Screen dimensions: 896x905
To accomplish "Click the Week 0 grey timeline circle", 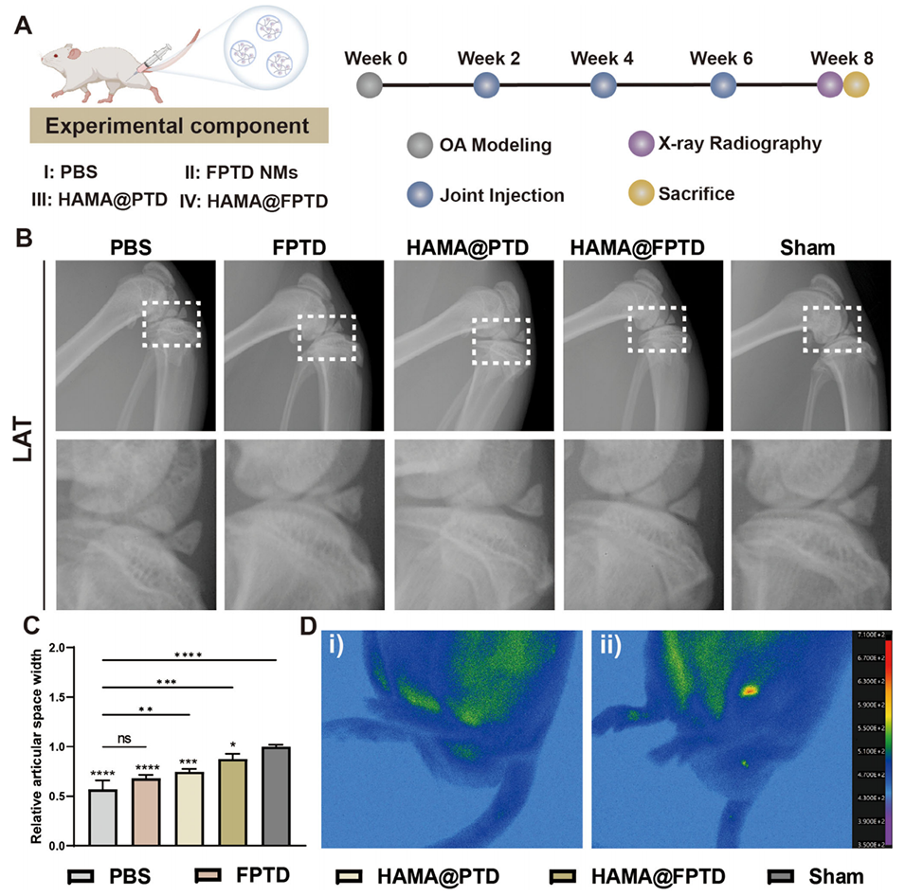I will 370,86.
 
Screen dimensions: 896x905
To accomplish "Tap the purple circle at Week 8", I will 830,86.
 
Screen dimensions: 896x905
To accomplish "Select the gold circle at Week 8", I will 856,86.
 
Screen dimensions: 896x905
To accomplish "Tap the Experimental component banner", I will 179,126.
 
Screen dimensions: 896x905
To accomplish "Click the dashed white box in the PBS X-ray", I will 172,325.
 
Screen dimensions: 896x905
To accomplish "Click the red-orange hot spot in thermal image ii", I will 749,690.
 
